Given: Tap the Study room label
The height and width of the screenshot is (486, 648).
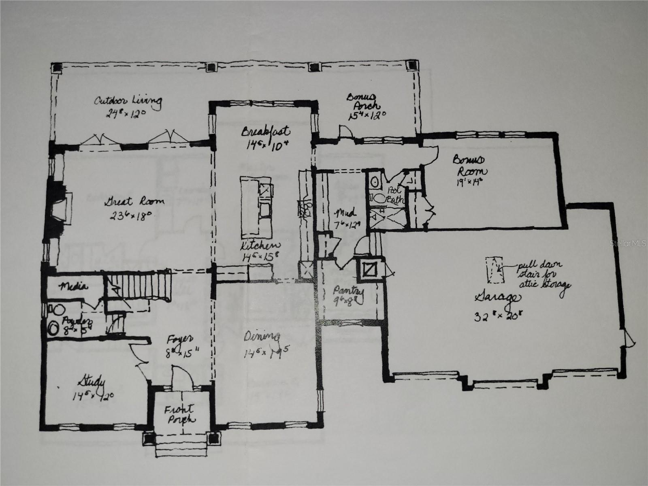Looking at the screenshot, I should [x=92, y=382].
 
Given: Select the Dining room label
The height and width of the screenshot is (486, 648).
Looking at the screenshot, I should [x=262, y=337].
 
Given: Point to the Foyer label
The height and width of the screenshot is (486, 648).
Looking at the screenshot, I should [x=175, y=339].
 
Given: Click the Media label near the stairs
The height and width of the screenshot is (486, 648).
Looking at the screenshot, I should [x=73, y=287].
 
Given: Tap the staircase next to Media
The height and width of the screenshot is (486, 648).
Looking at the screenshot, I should [x=138, y=286].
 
